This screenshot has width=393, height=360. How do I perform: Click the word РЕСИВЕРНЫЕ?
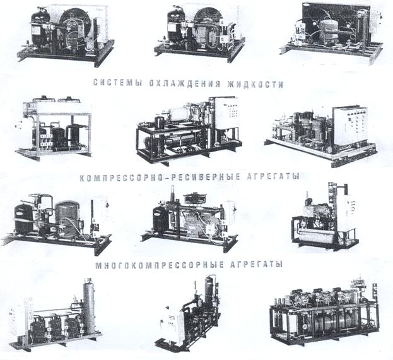pyautogui.click(x=205, y=176)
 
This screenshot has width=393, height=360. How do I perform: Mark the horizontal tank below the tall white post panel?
pyautogui.click(x=319, y=236)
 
